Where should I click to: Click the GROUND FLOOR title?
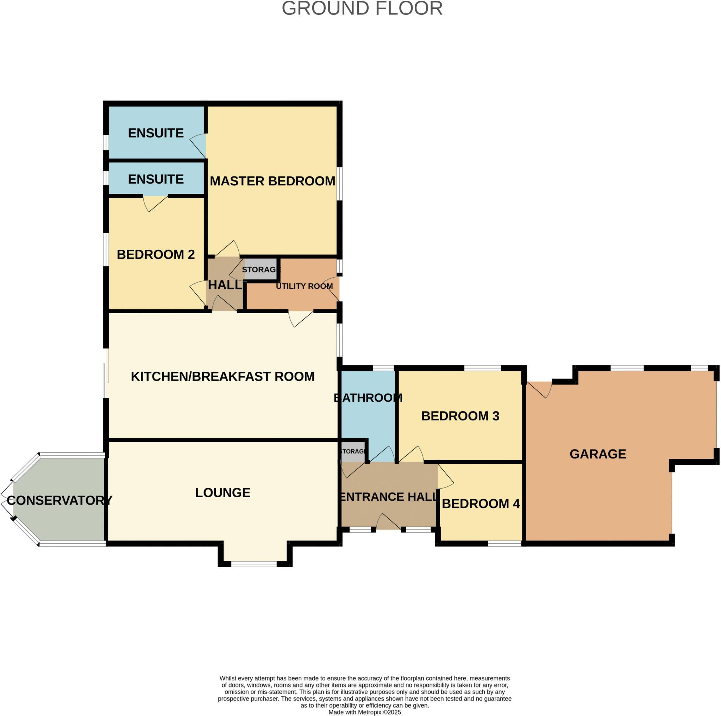click(x=362, y=8)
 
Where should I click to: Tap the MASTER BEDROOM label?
click(x=272, y=181)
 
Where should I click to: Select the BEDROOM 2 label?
click(x=156, y=254)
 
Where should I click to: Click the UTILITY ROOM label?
click(x=304, y=286)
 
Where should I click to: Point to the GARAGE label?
click(x=597, y=454)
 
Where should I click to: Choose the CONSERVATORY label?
click(x=59, y=500)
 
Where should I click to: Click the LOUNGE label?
click(x=222, y=493)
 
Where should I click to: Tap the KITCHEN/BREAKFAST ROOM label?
click(x=222, y=376)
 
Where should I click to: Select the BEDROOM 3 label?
click(x=460, y=416)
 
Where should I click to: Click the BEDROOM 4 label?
click(x=480, y=504)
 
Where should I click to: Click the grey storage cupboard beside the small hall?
click(x=261, y=269)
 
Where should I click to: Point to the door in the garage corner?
click(x=540, y=390)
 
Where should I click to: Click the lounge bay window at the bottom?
click(x=254, y=564)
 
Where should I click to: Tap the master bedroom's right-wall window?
click(x=339, y=184)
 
